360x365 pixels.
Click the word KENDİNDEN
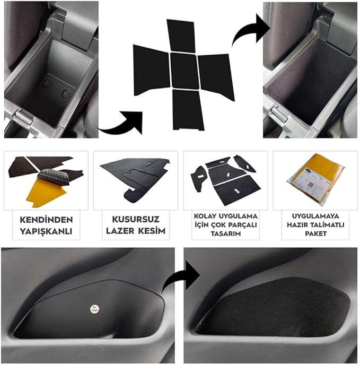(46, 220)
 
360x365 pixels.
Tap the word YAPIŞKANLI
(46, 231)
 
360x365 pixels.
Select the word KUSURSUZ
(136, 219)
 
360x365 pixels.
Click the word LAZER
(120, 231)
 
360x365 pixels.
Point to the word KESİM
(152, 231)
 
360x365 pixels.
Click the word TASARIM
(225, 233)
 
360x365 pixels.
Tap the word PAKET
(315, 233)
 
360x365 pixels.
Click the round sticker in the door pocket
(95, 309)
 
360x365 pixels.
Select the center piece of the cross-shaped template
(185, 71)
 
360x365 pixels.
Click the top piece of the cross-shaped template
(181, 36)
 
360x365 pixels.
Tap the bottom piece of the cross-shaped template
(188, 110)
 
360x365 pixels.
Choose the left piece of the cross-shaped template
(151, 69)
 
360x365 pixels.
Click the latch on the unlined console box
(23, 118)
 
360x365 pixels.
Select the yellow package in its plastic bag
(316, 178)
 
